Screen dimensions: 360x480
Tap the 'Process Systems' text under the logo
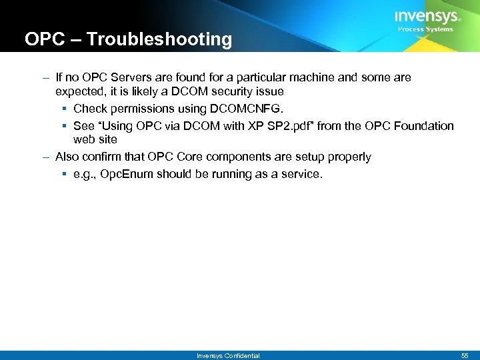pos(425,29)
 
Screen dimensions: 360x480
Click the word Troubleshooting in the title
pos(159,39)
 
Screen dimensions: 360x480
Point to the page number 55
pos(464,355)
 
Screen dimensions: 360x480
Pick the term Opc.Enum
pos(127,174)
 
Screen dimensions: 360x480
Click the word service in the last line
pos(301,174)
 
